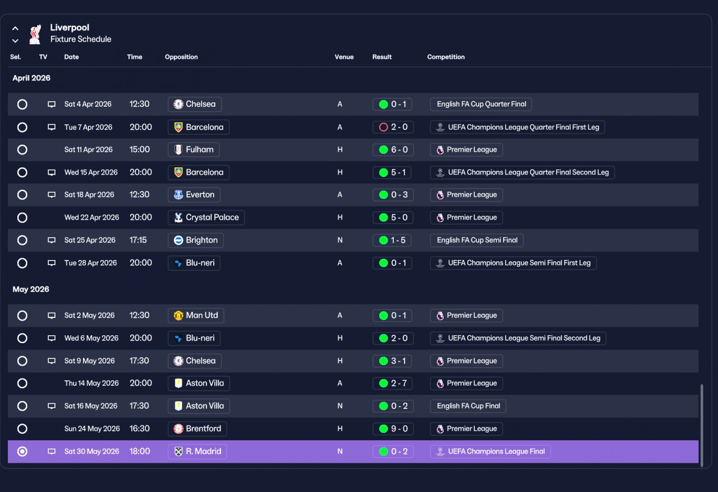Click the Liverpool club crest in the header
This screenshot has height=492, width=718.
35,34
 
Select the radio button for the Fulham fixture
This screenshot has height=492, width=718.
22,149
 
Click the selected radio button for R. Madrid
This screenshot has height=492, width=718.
22,452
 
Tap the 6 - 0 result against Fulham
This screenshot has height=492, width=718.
393,149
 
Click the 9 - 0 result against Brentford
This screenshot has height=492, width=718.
393,429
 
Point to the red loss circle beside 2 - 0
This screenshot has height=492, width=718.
383,127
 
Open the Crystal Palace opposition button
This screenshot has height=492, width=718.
206,217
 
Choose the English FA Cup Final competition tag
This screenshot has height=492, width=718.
468,406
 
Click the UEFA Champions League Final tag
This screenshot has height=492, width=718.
490,452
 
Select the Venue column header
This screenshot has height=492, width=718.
344,57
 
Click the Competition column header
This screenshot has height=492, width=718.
445,57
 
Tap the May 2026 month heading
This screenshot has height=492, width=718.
31,289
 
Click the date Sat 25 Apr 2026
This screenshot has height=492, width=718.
90,240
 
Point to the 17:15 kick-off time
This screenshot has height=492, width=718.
138,240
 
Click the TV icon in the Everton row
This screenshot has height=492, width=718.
51,195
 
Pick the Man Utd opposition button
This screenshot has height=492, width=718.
196,316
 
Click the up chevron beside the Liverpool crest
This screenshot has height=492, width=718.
15,29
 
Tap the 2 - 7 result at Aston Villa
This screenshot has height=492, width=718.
393,383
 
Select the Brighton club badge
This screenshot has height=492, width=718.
178,240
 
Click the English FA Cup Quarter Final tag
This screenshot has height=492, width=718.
481,104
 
